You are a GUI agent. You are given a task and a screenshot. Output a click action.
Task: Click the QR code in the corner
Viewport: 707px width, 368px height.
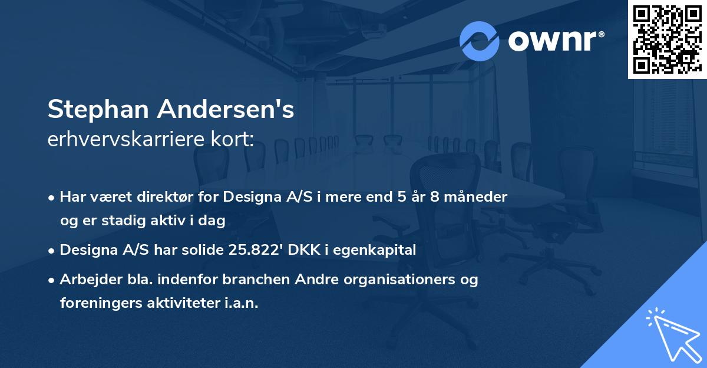667,40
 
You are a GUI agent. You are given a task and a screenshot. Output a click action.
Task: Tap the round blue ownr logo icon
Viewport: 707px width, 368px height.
480,41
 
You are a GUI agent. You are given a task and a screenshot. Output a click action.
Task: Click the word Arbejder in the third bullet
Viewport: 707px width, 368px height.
88,280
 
